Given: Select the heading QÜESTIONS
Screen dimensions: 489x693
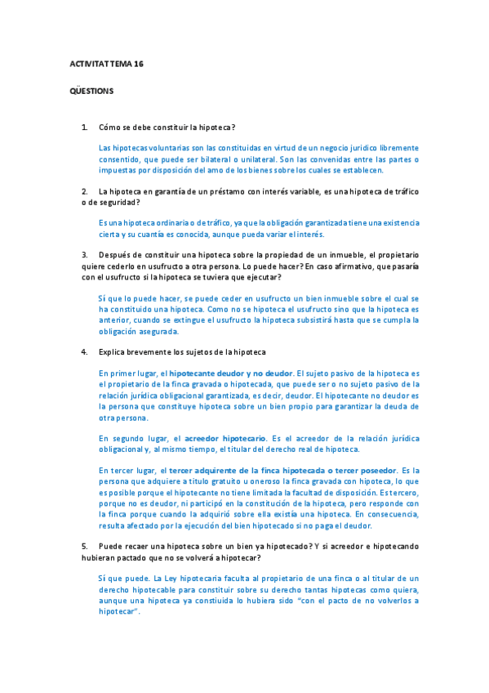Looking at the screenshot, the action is coord(91,91).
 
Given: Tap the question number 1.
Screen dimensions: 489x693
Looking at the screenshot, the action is coord(84,127).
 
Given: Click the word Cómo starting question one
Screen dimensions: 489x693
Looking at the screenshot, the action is coord(109,127).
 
